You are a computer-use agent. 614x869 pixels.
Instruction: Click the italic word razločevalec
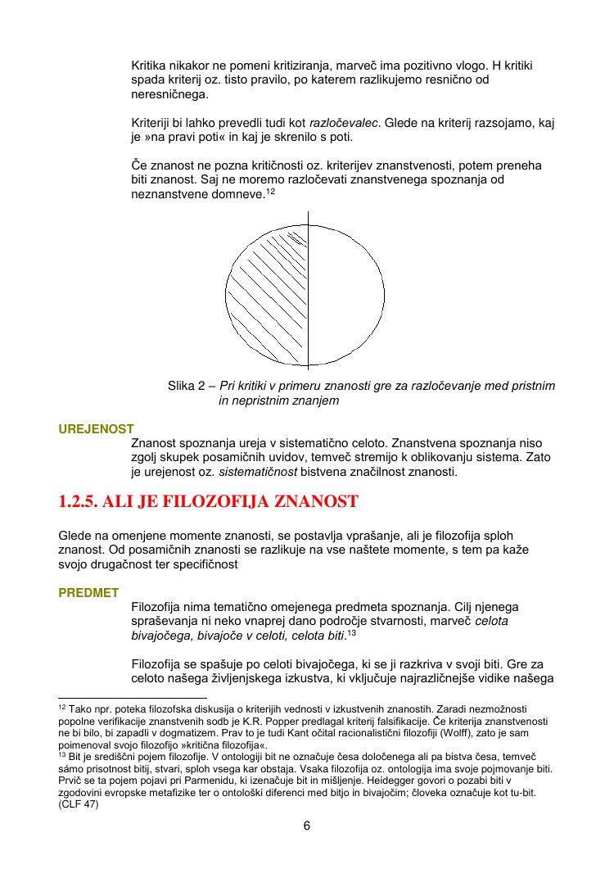tap(345, 123)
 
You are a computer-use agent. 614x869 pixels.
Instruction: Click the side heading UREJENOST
tap(96, 428)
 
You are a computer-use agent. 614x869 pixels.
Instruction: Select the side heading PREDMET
tap(88, 592)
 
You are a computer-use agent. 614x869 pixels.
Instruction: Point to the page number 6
tap(307, 826)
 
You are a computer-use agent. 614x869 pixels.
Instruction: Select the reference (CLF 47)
tap(78, 806)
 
